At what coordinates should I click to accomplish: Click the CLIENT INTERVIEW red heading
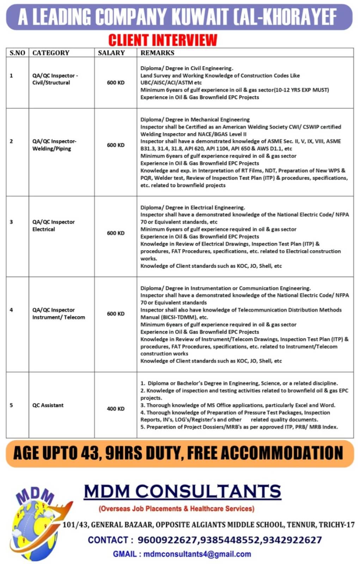click(163, 40)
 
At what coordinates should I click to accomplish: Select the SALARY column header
click(111, 53)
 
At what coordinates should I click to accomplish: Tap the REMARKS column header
click(157, 53)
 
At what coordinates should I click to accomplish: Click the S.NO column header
click(17, 53)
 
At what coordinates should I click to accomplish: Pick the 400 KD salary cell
click(116, 409)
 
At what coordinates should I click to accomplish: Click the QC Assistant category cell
click(48, 405)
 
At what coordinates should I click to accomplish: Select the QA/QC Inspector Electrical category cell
click(54, 226)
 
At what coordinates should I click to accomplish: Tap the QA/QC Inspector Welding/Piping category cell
click(54, 145)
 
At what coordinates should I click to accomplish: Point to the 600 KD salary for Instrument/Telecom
click(116, 313)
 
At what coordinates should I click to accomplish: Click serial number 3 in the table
click(11, 222)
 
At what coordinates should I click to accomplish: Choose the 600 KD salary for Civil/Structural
click(116, 82)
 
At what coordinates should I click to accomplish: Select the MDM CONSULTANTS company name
click(182, 491)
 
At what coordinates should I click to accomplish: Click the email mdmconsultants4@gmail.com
click(197, 554)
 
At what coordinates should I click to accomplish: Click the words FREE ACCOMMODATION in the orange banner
click(265, 453)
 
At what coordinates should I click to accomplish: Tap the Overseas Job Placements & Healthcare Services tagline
click(176, 508)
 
